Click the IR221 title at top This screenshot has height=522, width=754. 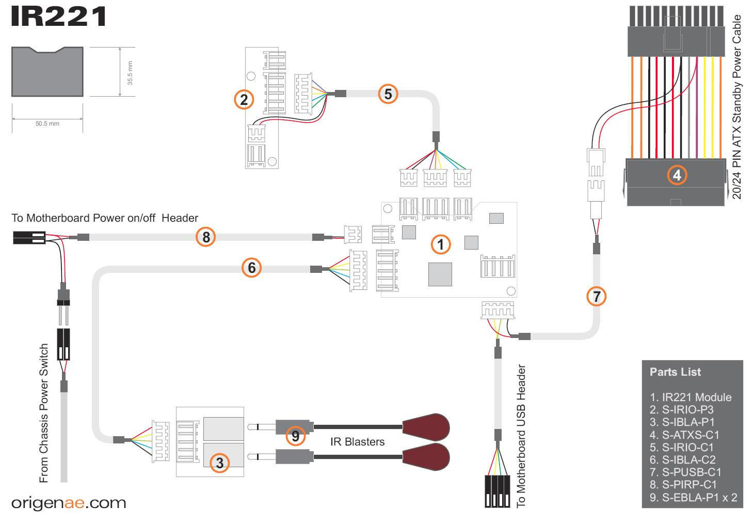click(x=58, y=17)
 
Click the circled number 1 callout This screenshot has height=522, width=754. click(x=440, y=244)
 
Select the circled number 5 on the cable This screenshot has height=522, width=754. click(x=388, y=94)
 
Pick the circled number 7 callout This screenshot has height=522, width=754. click(x=597, y=297)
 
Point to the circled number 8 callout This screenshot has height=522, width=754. click(x=206, y=237)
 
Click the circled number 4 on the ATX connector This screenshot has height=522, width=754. click(x=677, y=175)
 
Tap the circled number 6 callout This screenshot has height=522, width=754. click(x=251, y=267)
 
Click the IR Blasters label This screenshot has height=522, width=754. click(x=357, y=442)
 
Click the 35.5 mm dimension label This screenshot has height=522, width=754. click(x=130, y=72)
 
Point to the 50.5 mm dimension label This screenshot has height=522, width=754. click(x=47, y=124)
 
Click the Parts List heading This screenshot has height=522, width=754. click(x=675, y=372)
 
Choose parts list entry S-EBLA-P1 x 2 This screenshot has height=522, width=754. click(x=693, y=498)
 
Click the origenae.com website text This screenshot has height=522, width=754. click(x=69, y=503)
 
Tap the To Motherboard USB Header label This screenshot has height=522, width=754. click(x=521, y=436)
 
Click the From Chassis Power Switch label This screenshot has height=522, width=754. click(x=44, y=413)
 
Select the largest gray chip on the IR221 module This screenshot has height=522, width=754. click(x=440, y=274)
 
